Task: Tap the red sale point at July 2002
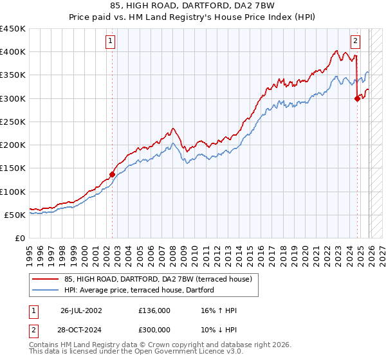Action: click(x=112, y=174)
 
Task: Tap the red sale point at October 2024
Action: click(x=358, y=98)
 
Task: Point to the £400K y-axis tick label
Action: click(x=13, y=52)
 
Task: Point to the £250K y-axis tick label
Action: click(x=13, y=122)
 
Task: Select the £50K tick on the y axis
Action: click(x=15, y=215)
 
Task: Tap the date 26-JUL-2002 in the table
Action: click(x=81, y=310)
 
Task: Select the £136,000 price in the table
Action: click(x=154, y=310)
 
